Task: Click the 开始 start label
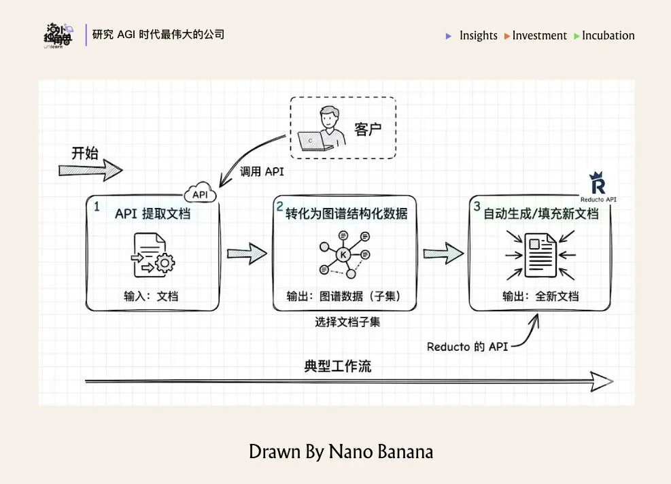[x=86, y=153]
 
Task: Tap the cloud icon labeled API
[x=200, y=194]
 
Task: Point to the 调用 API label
[x=262, y=172]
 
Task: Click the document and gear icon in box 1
[x=153, y=256]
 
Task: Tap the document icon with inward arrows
[x=540, y=254]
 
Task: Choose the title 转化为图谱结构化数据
[x=347, y=213]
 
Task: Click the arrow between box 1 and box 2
[x=246, y=254]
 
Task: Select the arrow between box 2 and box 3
[x=443, y=254]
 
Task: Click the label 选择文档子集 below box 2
[x=347, y=322]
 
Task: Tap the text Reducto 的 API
[x=467, y=346]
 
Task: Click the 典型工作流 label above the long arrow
[x=337, y=366]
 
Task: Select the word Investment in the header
[x=539, y=35]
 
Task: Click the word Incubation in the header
[x=608, y=35]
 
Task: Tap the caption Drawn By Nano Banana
[x=341, y=451]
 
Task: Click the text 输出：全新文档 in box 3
[x=540, y=296]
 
